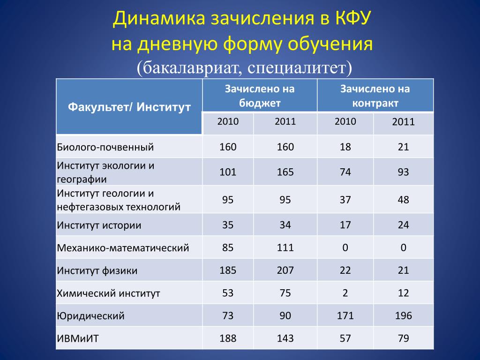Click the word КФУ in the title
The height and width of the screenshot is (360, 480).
click(353, 19)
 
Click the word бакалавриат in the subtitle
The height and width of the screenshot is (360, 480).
click(189, 67)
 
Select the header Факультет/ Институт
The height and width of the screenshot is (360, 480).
click(129, 107)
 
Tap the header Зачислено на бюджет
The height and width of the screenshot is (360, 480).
click(260, 96)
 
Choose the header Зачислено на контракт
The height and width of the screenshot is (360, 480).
click(375, 96)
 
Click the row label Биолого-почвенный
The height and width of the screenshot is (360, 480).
click(105, 147)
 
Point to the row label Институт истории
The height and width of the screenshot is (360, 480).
click(99, 225)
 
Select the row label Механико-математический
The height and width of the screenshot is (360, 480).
click(123, 247)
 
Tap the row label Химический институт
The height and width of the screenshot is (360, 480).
click(108, 293)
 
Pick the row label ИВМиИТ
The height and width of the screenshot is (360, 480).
click(78, 338)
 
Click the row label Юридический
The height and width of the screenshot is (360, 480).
click(90, 315)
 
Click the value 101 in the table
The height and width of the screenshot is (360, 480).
click(228, 172)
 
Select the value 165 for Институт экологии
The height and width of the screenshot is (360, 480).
click(285, 172)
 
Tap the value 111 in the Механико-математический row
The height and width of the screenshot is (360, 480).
click(285, 247)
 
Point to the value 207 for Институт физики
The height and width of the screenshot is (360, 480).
click(285, 270)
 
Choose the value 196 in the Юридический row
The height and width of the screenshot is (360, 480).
click(403, 315)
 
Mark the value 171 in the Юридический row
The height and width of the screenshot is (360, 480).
click(345, 315)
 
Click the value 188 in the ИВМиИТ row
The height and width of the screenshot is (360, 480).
click(228, 338)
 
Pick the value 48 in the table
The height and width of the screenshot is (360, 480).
click(403, 200)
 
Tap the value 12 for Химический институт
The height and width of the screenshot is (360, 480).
click(403, 293)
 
